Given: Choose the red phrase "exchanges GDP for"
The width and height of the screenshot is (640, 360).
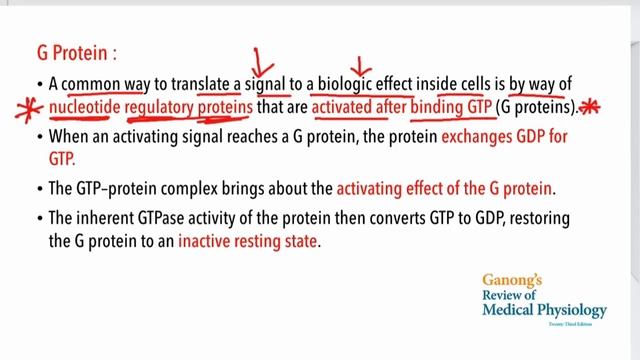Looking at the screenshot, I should [x=539, y=135].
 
